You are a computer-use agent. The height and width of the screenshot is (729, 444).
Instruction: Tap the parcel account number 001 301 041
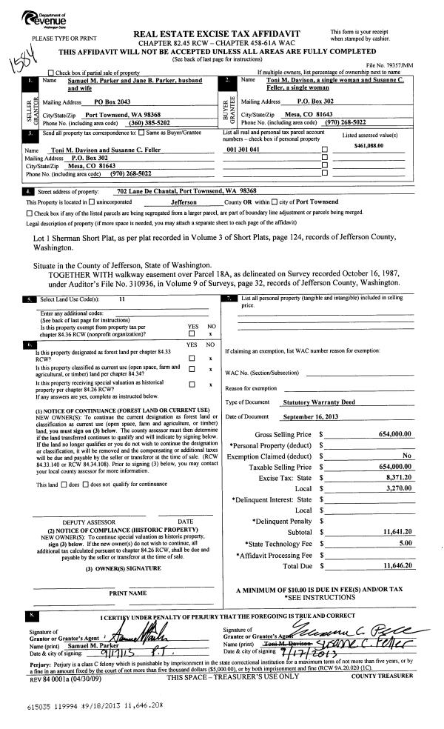click(243, 149)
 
